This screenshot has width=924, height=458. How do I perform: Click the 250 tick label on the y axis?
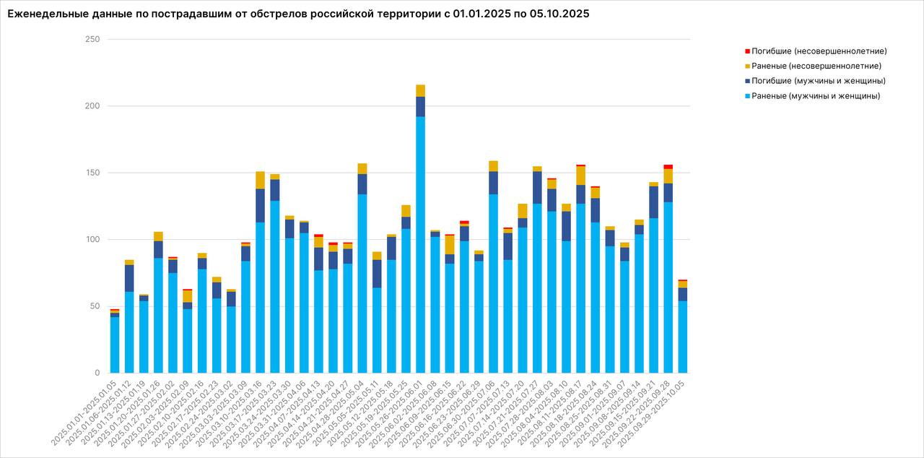92,39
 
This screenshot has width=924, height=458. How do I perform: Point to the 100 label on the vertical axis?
92,240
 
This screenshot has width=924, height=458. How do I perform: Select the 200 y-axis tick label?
92,106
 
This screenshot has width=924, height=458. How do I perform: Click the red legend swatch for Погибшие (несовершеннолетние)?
747,51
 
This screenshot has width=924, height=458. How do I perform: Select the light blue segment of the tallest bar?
420,246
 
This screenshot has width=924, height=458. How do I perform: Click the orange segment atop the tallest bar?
420,90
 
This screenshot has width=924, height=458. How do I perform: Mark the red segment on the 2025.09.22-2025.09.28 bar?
668,167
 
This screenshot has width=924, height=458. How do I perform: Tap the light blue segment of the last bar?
682,337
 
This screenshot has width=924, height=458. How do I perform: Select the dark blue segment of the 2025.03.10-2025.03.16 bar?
260,206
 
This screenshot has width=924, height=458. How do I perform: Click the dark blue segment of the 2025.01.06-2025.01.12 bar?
129,278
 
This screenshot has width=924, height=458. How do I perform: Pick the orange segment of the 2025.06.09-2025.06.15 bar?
449,245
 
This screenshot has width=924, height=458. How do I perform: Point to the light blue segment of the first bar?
115,345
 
